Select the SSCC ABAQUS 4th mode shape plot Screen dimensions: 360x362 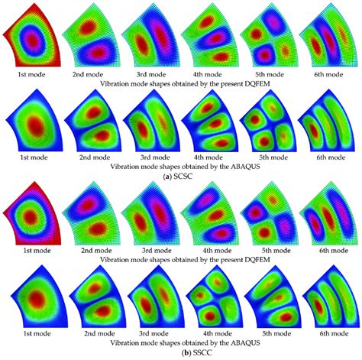tap(205, 303)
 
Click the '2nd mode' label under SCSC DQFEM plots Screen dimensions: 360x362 tap(89, 75)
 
